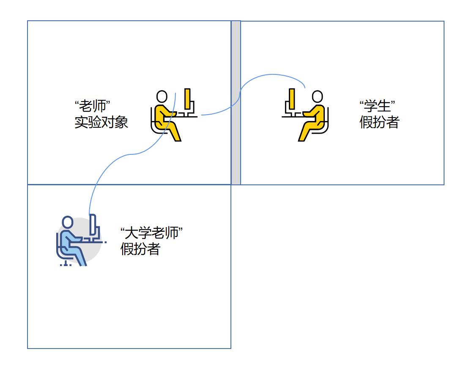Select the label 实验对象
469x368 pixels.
click(x=101, y=122)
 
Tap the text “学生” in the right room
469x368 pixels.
click(x=377, y=106)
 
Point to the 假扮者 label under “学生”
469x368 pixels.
click(x=380, y=122)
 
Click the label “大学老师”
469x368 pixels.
click(x=152, y=233)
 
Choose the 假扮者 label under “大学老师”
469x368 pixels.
click(x=140, y=249)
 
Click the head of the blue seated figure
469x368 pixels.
click(x=68, y=222)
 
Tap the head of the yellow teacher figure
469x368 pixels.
click(x=162, y=97)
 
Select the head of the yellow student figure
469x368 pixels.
click(x=317, y=97)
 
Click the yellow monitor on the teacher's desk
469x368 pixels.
click(x=187, y=99)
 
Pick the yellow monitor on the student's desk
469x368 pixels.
click(x=292, y=99)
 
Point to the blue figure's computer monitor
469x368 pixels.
click(x=93, y=225)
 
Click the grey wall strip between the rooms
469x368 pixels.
click(x=236, y=103)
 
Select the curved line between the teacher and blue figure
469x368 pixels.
click(x=131, y=154)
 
